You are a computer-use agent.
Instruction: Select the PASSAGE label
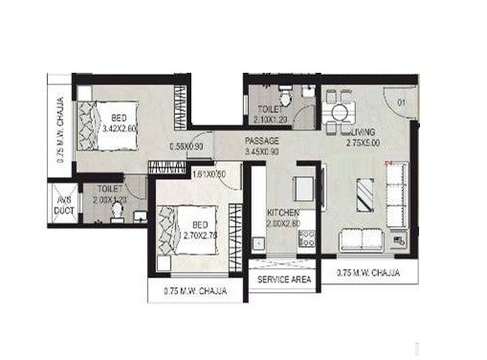(x=261, y=140)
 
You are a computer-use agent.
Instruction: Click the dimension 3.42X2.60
(x=118, y=125)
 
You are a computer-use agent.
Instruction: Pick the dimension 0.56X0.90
(x=185, y=147)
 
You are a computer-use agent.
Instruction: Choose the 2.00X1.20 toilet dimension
(x=112, y=201)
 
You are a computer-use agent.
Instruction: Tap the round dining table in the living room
(x=338, y=112)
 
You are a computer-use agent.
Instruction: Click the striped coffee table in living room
(x=366, y=195)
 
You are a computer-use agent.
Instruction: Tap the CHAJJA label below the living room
(x=368, y=274)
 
